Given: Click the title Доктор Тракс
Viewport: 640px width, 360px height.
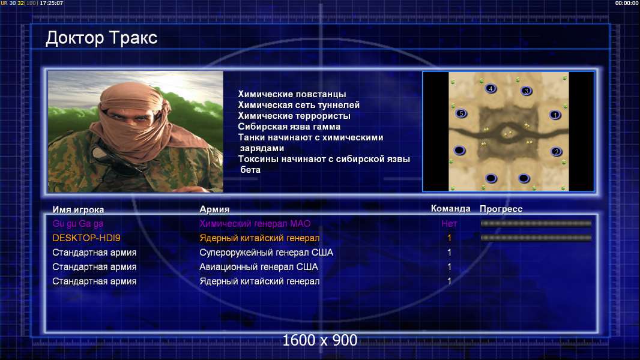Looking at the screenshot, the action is (x=101, y=38).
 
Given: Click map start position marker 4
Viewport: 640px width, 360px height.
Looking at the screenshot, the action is (x=491, y=88).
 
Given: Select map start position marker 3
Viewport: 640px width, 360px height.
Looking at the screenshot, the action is (x=527, y=91).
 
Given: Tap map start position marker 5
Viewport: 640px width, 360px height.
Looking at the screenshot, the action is (x=461, y=114).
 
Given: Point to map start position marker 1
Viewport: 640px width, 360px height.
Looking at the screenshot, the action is (x=555, y=115).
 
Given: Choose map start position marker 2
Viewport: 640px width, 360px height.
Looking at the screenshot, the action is (x=557, y=152).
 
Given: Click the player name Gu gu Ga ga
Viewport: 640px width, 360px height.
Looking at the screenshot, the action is (x=77, y=224).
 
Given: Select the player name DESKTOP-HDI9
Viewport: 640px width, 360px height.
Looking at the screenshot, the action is (x=86, y=238).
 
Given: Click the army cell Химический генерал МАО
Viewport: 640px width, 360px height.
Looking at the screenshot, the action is (x=255, y=223).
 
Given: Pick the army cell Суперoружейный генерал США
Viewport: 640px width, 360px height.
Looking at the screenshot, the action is (x=266, y=253).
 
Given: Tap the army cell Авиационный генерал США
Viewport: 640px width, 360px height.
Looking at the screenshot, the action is (x=258, y=267).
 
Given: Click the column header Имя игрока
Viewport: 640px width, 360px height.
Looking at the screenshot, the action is (x=78, y=210).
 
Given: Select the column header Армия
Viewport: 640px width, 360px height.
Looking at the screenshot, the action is (x=214, y=209).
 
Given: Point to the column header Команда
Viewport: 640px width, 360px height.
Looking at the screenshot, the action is (x=451, y=209).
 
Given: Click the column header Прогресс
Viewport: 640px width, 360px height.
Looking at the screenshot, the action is (x=501, y=209).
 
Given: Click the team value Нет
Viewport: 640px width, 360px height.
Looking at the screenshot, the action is (x=449, y=223).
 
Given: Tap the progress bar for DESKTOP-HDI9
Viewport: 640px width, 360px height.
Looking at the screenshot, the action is (x=536, y=238).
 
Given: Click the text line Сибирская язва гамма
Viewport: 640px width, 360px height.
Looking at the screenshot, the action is (x=289, y=127).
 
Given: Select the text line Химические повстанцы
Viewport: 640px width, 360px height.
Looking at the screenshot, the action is (x=292, y=94).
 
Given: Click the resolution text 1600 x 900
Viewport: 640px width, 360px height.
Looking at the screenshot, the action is (x=319, y=340).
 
